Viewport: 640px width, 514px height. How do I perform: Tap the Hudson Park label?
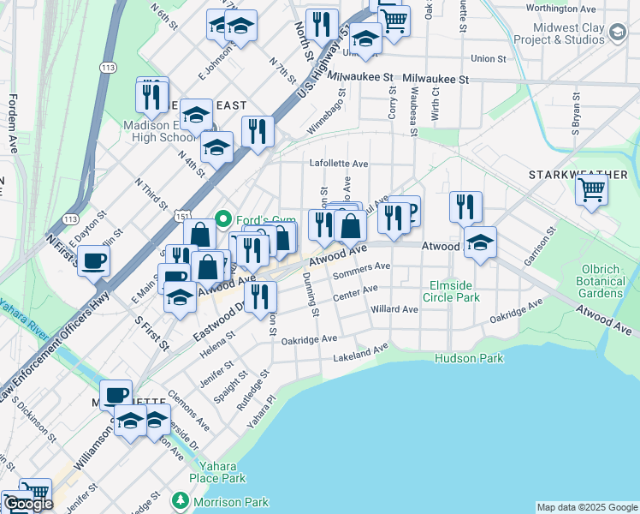pos(469,358)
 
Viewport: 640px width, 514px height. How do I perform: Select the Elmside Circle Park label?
pos(456,291)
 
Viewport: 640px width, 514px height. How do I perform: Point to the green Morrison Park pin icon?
pos(180,500)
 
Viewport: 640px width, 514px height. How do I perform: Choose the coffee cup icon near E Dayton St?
pos(93,260)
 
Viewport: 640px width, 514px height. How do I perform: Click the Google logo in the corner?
pos(28,504)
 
